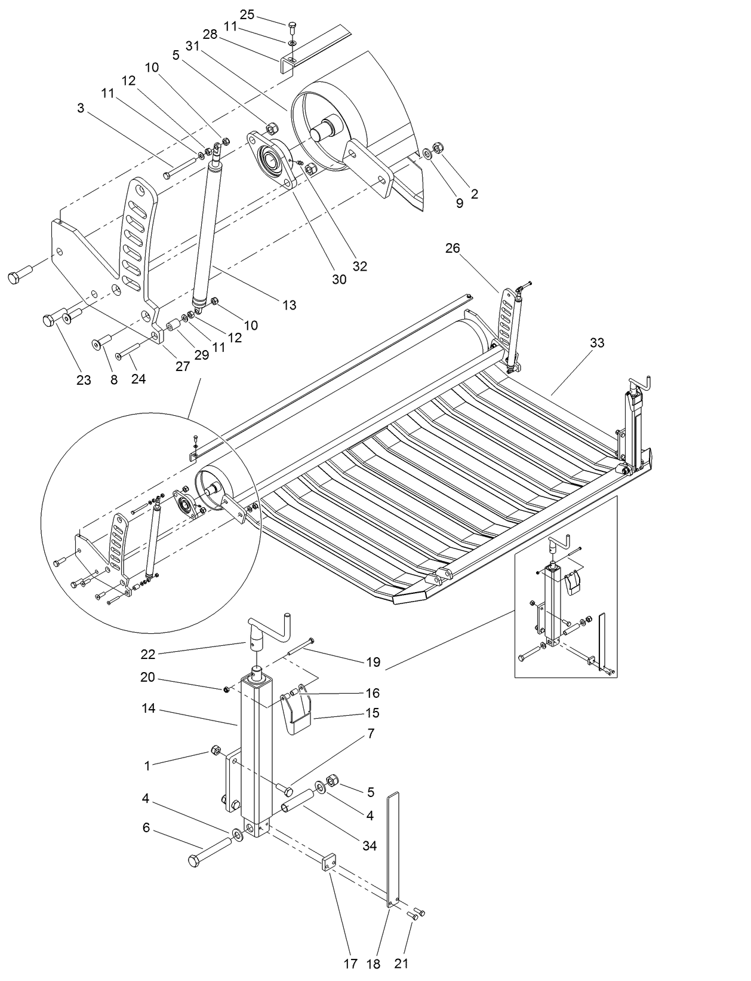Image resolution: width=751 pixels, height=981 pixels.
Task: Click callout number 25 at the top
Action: click(247, 14)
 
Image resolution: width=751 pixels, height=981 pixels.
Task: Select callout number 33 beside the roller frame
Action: click(596, 342)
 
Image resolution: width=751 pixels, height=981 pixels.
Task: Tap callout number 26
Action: click(453, 247)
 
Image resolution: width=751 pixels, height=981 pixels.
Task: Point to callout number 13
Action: click(289, 305)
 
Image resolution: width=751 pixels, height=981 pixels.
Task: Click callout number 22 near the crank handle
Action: click(148, 654)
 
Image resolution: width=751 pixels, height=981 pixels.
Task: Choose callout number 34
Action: click(370, 845)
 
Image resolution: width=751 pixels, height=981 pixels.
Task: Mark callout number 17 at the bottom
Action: click(350, 964)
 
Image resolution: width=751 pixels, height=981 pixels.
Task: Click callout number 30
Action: click(339, 279)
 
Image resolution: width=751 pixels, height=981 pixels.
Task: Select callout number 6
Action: click(146, 827)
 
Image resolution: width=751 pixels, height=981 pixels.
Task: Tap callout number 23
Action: click(84, 379)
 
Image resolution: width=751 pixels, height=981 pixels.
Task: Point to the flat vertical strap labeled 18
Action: click(392, 848)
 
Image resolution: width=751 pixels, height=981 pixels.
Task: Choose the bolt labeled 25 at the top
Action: click(291, 26)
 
